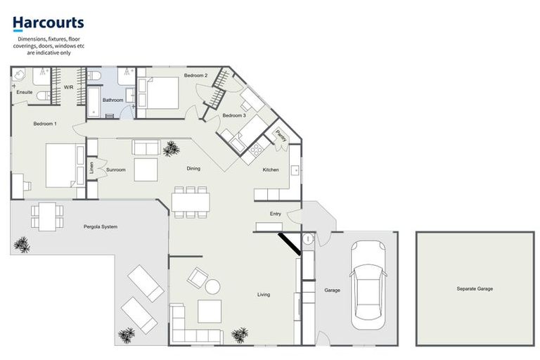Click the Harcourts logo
[48, 25]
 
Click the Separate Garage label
[475, 289]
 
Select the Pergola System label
[101, 226]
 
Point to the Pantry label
[280, 135]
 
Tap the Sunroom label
[115, 170]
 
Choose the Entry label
[276, 214]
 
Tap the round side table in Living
[212, 286]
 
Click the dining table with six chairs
[190, 202]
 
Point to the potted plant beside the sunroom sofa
[170, 149]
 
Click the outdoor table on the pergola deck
[47, 216]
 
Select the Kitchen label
[271, 170]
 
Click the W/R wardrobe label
[68, 87]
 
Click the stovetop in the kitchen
[256, 149]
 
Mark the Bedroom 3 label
[234, 115]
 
